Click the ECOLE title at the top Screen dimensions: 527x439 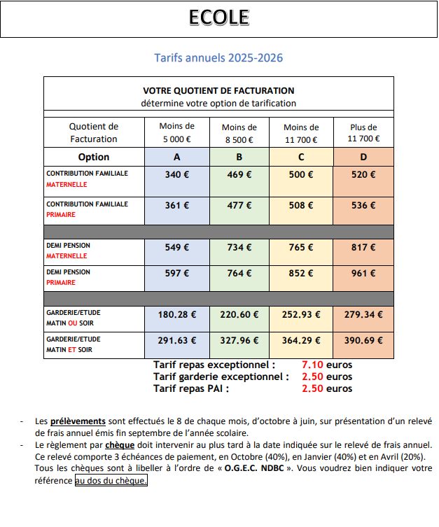point(218,18)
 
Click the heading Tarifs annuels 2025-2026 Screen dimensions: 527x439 point(218,57)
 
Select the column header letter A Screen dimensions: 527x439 point(176,157)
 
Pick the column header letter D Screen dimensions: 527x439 point(363,157)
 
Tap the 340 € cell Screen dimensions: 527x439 point(176,175)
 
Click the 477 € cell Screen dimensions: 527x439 point(239,206)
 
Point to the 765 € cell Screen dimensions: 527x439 point(301,247)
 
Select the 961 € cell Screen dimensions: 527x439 point(363,274)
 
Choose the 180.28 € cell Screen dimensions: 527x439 point(176,315)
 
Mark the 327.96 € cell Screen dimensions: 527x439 point(239,342)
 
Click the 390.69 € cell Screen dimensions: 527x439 point(363,342)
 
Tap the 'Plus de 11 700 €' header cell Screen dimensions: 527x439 point(363,133)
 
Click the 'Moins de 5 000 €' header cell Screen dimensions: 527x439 point(176,133)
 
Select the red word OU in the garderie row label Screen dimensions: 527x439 point(73,323)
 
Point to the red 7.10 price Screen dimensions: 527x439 point(312,365)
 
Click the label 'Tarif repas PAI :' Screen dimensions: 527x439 point(190,388)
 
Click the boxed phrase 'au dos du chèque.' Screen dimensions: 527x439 point(111,481)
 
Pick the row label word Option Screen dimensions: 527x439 point(94,157)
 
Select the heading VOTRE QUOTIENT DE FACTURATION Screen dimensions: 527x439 point(218,91)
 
